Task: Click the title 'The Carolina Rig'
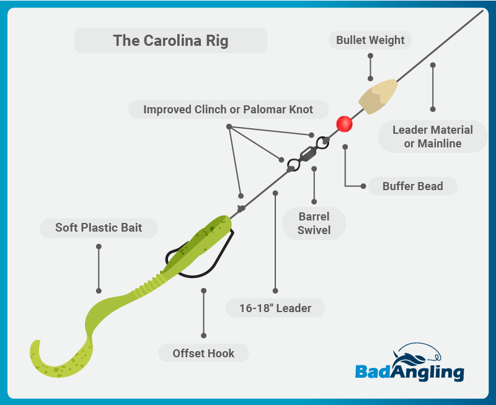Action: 170,41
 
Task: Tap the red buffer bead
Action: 344,124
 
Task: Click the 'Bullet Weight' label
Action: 370,41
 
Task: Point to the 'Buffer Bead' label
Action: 413,186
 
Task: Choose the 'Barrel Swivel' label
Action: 314,224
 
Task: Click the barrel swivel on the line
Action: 306,154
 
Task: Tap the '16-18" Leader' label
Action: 276,308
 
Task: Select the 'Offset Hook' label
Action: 204,354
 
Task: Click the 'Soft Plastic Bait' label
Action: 99,228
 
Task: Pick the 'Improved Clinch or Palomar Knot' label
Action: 228,110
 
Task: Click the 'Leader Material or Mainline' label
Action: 433,137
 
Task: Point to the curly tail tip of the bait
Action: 36,347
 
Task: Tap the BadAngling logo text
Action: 409,372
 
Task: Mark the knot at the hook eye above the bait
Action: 241,208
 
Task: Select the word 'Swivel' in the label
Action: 314,231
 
